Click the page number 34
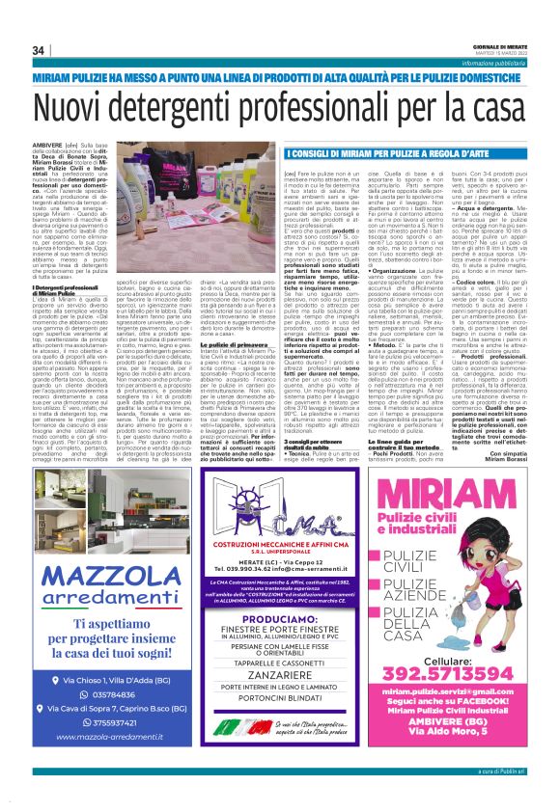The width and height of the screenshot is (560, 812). [39, 50]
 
